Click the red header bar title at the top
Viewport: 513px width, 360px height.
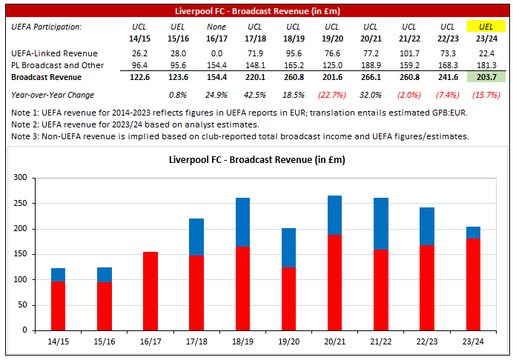[256, 10]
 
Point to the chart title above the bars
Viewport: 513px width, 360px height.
[256, 159]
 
